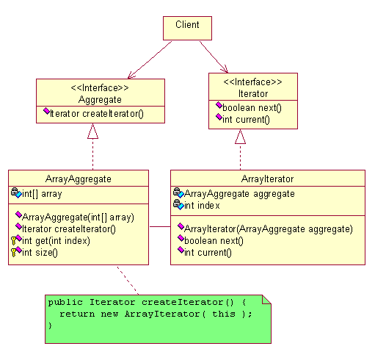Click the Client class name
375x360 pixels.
coord(187,25)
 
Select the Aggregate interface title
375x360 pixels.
coord(100,100)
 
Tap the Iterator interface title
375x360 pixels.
coord(253,94)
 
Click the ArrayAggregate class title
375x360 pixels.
coord(79,179)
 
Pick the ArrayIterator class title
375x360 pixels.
coord(267,179)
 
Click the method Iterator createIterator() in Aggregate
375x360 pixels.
coord(97,114)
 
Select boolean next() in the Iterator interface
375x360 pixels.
coord(252,108)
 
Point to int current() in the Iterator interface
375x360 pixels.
coord(246,120)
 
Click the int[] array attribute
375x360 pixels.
coord(42,194)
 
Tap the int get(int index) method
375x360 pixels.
coord(56,241)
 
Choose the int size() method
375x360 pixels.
coord(40,253)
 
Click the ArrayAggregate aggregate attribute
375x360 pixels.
coord(239,194)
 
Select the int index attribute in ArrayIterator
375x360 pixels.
coord(202,206)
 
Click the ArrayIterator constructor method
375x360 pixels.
coord(269,229)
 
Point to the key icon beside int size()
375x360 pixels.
coord(14,253)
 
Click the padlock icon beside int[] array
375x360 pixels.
coord(15,191)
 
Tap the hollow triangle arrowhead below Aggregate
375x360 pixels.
coord(92,131)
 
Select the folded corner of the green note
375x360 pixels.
coord(266,300)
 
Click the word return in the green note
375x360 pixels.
coord(77,314)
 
